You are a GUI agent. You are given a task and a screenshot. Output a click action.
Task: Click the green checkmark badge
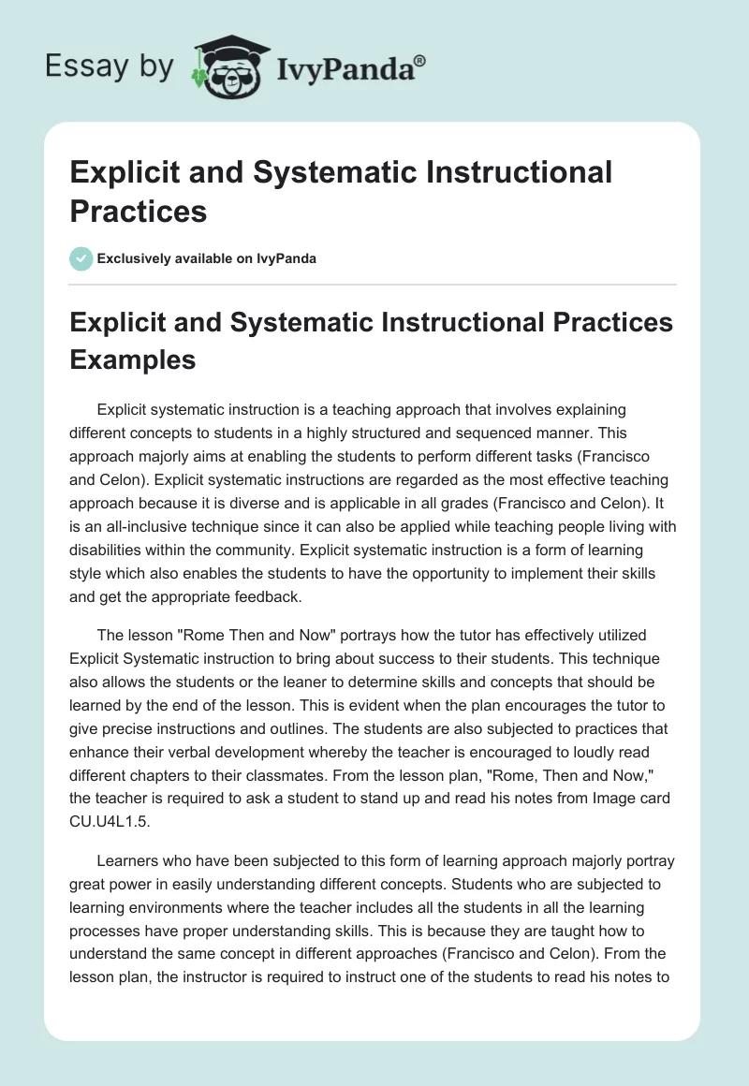tap(81, 258)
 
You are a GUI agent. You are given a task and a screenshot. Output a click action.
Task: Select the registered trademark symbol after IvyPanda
tap(421, 61)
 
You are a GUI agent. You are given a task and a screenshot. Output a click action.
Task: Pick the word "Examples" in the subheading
tap(133, 359)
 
